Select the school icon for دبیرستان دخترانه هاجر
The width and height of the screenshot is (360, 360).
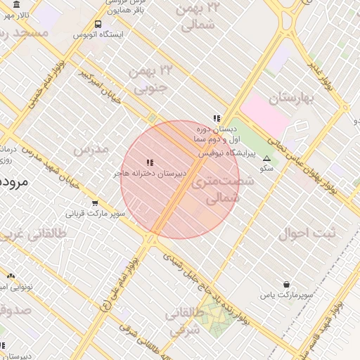pos(149,162)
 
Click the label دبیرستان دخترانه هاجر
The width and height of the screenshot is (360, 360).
pos(150,172)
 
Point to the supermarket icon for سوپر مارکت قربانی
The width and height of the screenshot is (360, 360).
pos(95,203)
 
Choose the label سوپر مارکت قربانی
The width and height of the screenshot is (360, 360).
pos(96,212)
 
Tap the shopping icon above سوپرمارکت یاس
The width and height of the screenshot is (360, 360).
pos(286,284)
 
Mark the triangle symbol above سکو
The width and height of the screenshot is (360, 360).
pos(266,159)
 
